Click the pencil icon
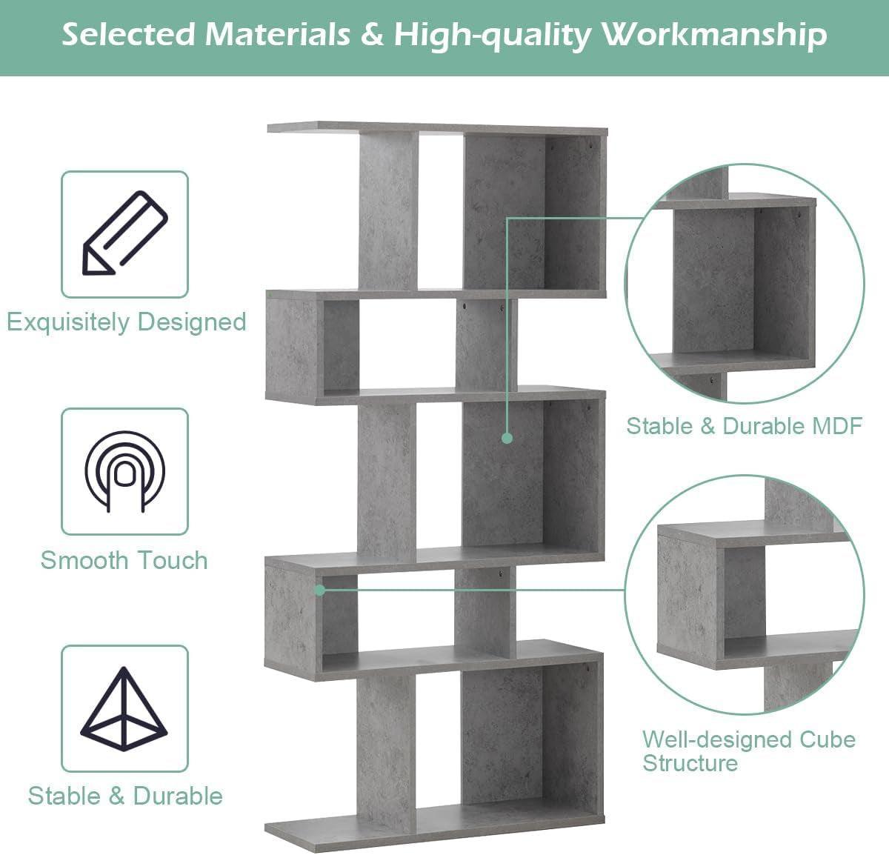[x=124, y=233]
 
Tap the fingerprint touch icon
[x=124, y=471]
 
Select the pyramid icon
[x=124, y=708]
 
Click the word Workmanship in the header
[x=714, y=35]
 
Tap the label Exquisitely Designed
[x=126, y=322]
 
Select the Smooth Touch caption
[x=124, y=560]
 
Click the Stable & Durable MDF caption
[x=744, y=426]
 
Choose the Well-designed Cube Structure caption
[x=748, y=751]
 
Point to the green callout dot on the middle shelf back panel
[x=507, y=438]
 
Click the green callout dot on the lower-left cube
[x=319, y=590]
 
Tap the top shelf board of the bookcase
[x=437, y=128]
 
